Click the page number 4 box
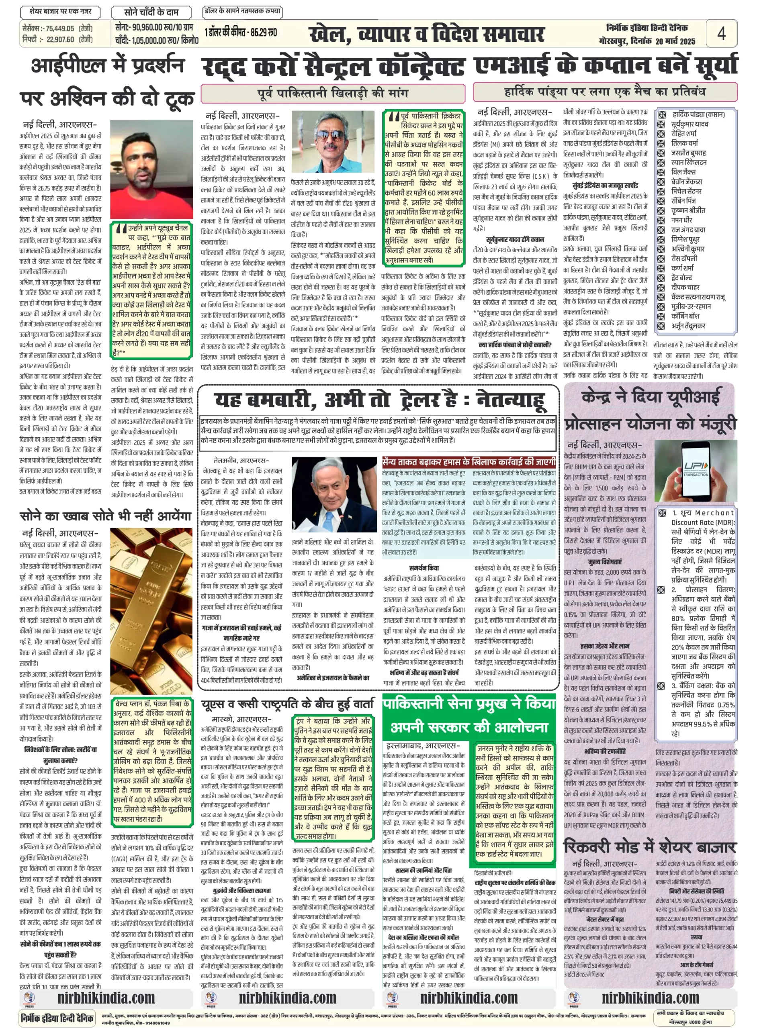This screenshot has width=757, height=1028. (721, 33)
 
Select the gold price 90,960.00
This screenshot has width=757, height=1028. (147, 28)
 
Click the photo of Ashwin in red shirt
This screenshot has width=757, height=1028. (151, 170)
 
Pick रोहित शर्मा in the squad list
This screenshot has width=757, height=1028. (684, 133)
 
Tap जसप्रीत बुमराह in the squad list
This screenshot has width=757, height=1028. (688, 153)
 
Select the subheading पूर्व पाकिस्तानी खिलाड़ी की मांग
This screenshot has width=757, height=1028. (332, 93)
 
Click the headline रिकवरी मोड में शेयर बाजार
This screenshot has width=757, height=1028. (650, 846)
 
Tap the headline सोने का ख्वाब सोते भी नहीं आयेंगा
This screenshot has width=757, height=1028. (105, 516)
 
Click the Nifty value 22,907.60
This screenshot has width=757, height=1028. (60, 39)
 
